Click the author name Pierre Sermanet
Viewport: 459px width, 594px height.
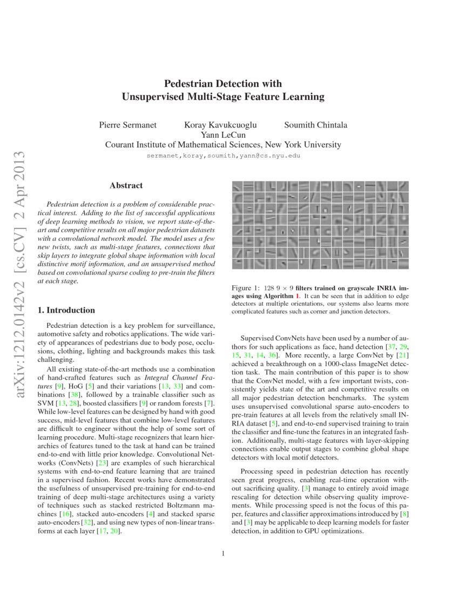pyautogui.click(x=128, y=125)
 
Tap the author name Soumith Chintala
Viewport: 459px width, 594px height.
pyautogui.click(x=315, y=125)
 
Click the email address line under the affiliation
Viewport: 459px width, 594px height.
pyautogui.click(x=223, y=156)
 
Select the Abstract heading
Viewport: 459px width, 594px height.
pyautogui.click(x=126, y=185)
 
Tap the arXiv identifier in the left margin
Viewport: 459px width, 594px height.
pyautogui.click(x=22, y=281)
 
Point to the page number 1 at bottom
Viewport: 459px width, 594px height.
pyautogui.click(x=223, y=552)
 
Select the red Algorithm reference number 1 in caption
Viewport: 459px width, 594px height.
pyautogui.click(x=296, y=296)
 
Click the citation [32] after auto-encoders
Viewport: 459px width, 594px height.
pyautogui.click(x=86, y=523)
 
